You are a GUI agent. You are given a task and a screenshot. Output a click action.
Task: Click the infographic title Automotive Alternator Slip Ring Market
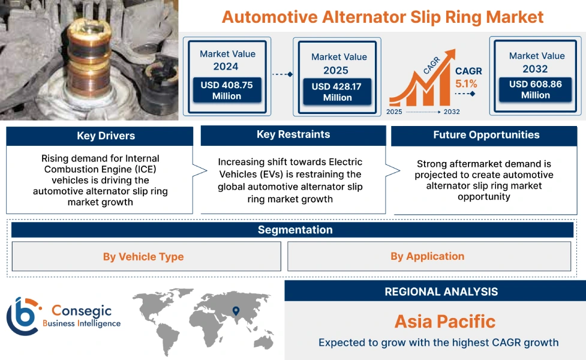(383, 16)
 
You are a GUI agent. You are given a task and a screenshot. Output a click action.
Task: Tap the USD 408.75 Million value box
(227, 91)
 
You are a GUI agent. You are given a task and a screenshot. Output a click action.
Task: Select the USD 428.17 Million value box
(337, 92)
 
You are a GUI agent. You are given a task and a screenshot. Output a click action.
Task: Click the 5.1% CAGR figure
(466, 84)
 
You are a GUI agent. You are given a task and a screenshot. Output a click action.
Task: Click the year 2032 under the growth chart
(452, 112)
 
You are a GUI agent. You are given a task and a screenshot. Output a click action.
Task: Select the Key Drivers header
(100, 136)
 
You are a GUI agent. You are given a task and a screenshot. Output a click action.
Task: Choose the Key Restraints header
(293, 135)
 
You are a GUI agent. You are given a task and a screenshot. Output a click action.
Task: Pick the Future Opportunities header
(486, 136)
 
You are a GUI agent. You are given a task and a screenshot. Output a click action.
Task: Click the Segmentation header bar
(294, 230)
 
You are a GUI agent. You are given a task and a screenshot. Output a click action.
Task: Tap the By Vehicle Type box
(143, 257)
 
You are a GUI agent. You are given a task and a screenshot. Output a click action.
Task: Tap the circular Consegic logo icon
(22, 316)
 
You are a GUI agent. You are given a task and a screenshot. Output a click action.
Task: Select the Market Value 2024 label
(227, 60)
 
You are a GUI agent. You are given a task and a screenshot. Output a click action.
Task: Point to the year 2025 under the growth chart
(395, 112)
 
